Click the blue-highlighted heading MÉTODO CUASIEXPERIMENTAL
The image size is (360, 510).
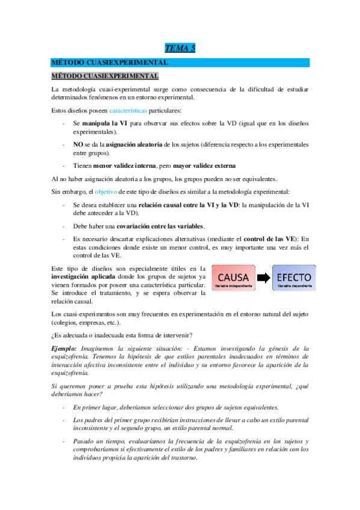[108, 63]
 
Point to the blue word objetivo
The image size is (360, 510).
[106, 191]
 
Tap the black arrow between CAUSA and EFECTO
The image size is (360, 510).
[263, 278]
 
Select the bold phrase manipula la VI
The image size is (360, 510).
[105, 123]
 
